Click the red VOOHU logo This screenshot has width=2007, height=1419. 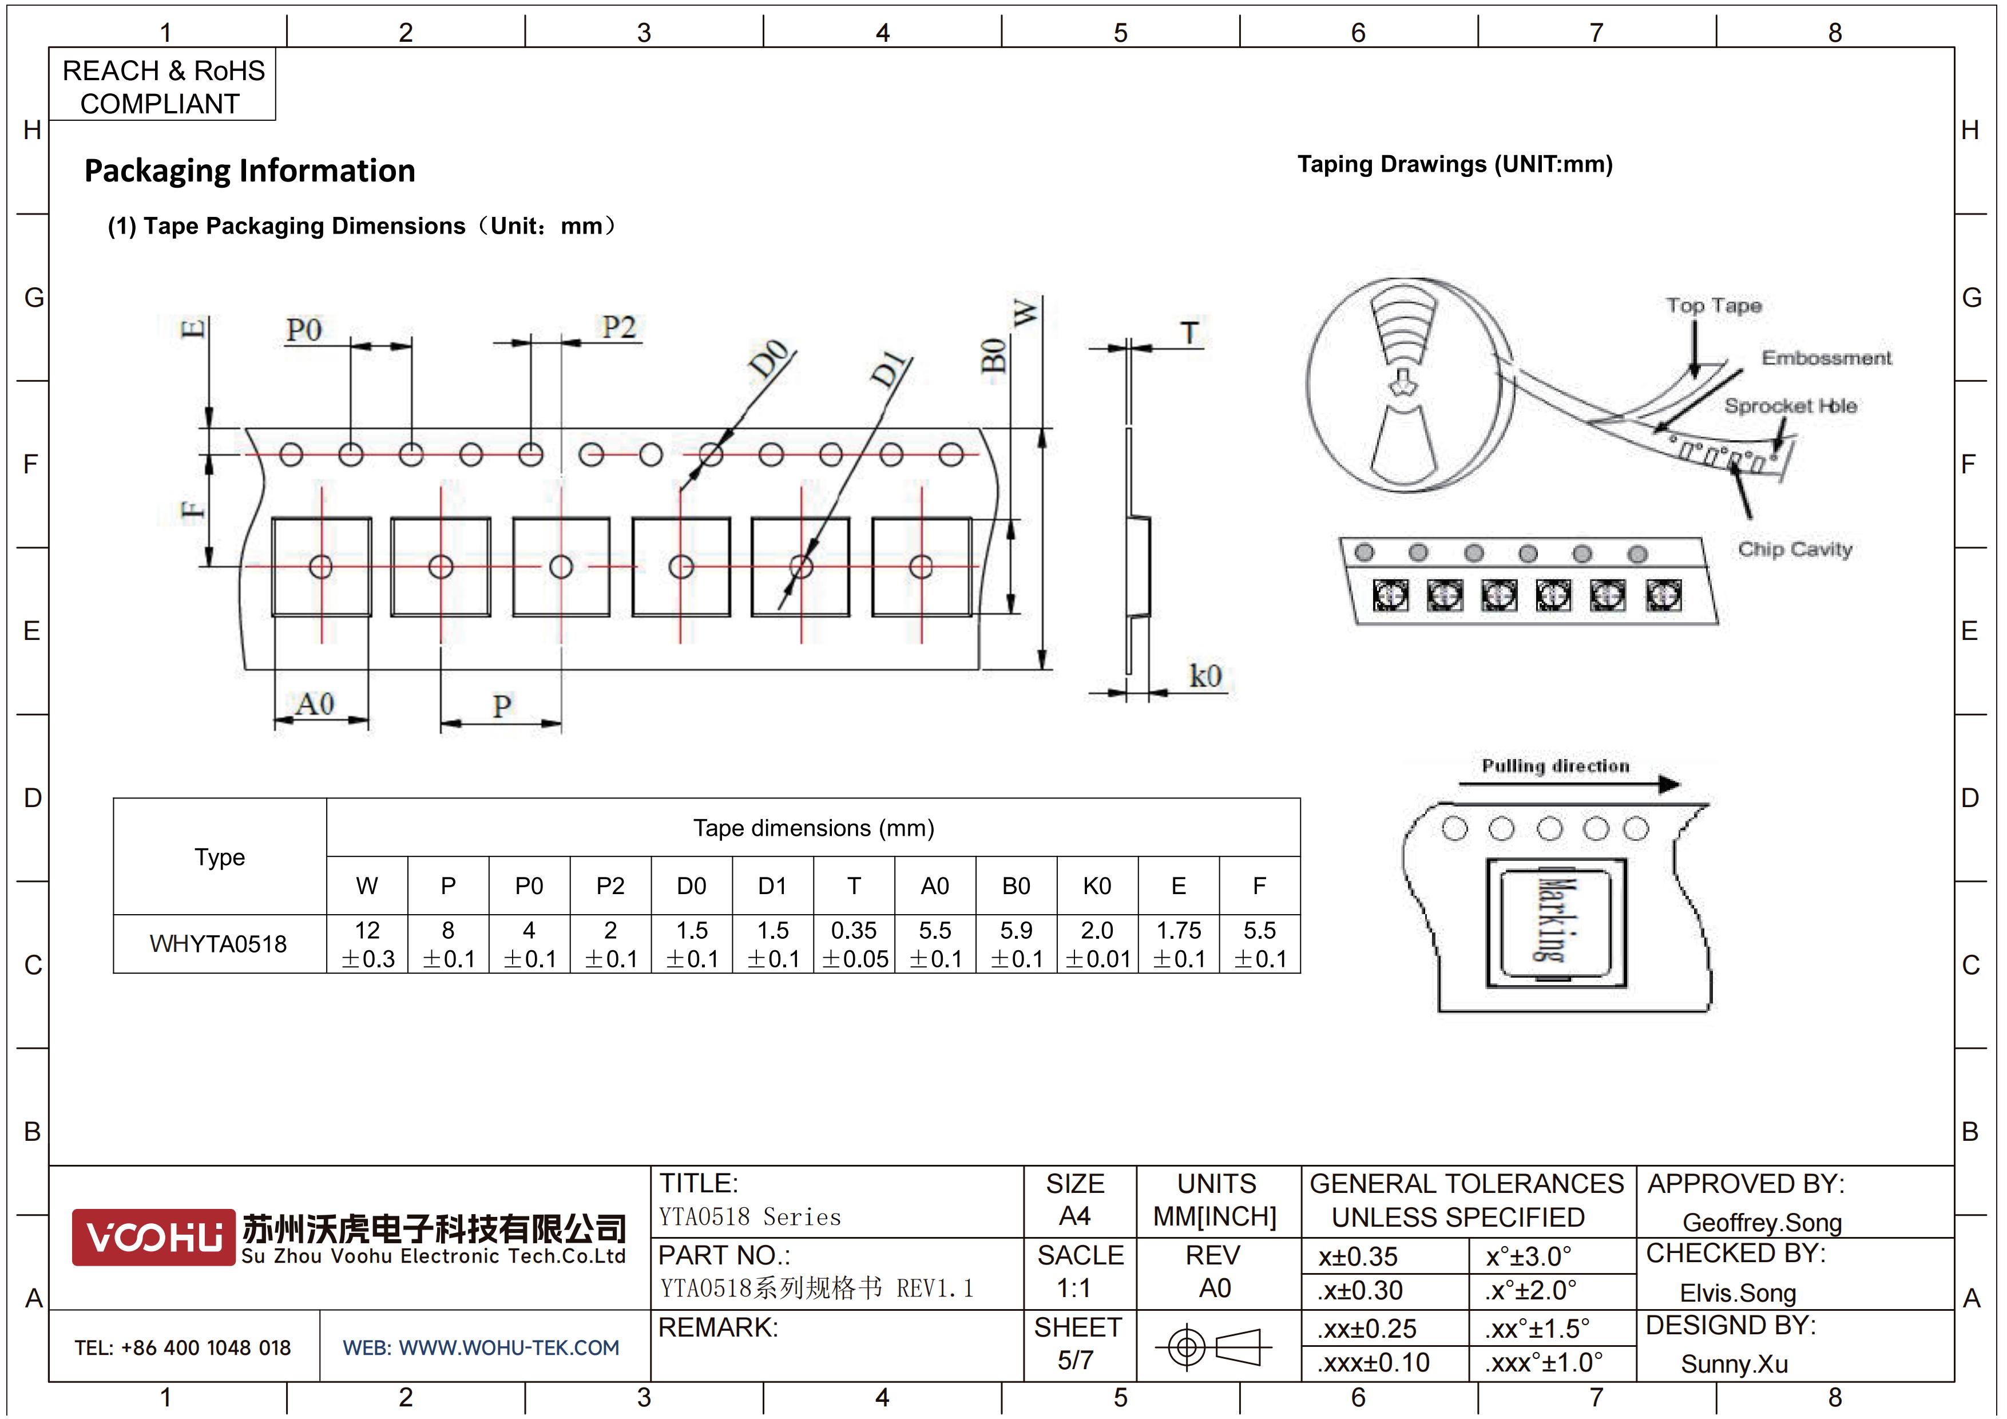click(x=153, y=1237)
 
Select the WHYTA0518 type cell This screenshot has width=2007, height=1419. click(x=219, y=944)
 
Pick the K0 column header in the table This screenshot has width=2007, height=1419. click(x=1097, y=887)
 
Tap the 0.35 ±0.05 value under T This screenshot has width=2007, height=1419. click(x=854, y=944)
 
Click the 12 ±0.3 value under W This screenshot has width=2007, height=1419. click(x=367, y=944)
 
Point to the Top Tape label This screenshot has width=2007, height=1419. click(x=1714, y=306)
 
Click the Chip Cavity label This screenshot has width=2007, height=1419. click(x=1795, y=549)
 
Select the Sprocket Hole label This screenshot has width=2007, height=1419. click(x=1790, y=406)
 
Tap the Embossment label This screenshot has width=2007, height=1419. click(x=1826, y=358)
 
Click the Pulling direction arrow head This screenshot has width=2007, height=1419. click(x=1669, y=784)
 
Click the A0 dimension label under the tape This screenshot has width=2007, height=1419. click(x=315, y=704)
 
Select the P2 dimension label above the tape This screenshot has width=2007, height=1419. click(x=619, y=327)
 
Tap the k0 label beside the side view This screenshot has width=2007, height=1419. click(x=1205, y=676)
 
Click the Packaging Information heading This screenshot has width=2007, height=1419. click(x=250, y=171)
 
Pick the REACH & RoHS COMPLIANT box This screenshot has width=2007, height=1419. click(x=162, y=85)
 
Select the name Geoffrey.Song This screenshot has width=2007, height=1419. click(x=1762, y=1222)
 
